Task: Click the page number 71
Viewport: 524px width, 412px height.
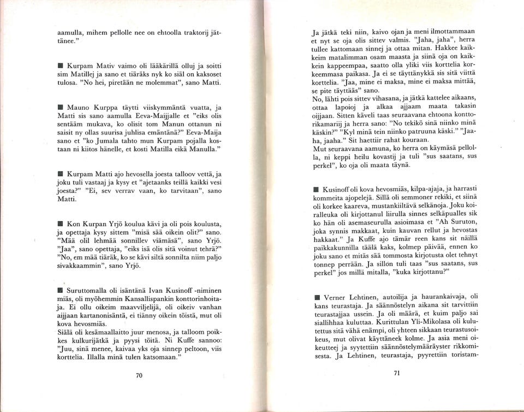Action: click(x=396, y=374)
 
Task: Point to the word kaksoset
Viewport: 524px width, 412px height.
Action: click(x=205, y=75)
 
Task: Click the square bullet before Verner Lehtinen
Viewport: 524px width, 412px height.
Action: click(x=317, y=298)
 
